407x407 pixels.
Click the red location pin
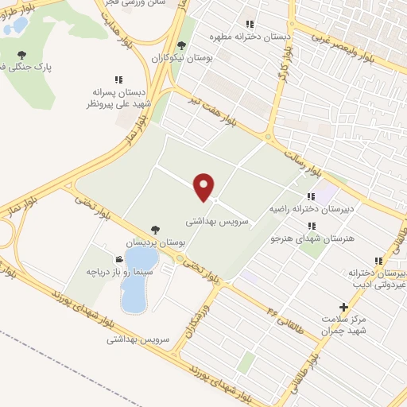pyautogui.click(x=204, y=187)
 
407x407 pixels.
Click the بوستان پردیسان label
pyautogui.click(x=159, y=240)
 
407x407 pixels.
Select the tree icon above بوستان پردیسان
pyautogui.click(x=154, y=229)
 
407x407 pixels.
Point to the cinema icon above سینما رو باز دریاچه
pyautogui.click(x=118, y=259)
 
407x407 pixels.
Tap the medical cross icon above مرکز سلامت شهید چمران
pyautogui.click(x=343, y=306)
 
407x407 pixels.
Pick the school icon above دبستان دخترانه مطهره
pyautogui.click(x=250, y=25)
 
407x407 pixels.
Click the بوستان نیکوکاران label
pyautogui.click(x=180, y=58)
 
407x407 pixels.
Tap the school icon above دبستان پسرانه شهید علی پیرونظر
pyautogui.click(x=118, y=79)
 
